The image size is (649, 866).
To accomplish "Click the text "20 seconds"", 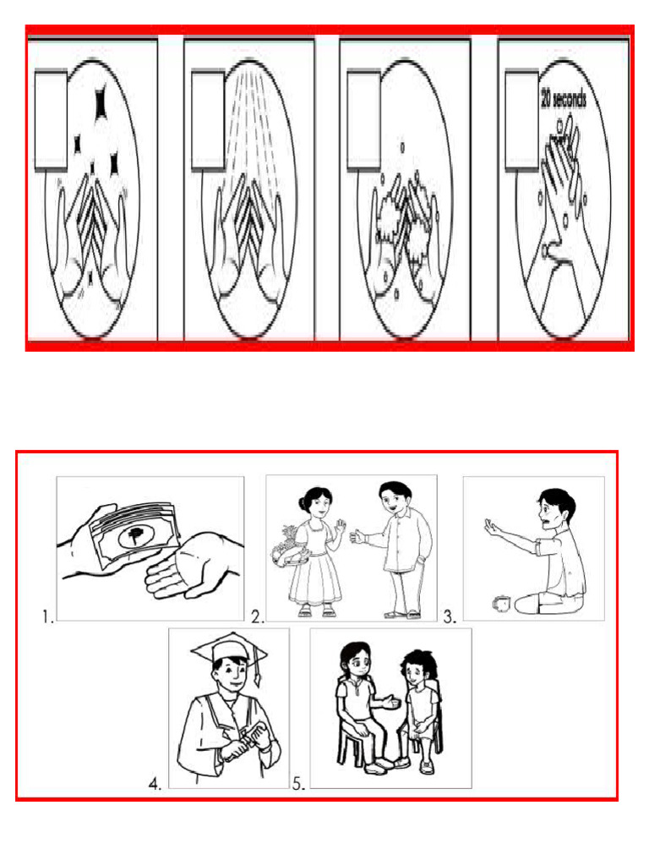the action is [563, 99].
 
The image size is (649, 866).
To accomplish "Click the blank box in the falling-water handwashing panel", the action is [208, 120].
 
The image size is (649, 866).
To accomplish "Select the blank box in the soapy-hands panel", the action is [363, 120].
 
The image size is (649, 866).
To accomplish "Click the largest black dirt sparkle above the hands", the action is [101, 102].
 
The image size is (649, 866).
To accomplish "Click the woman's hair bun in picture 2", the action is [302, 502].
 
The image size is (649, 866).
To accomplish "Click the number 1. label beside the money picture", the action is [48, 617].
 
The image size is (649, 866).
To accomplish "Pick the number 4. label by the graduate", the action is [155, 783].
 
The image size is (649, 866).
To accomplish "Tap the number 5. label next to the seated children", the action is [298, 783].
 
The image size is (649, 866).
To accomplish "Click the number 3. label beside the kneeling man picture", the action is [450, 617].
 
